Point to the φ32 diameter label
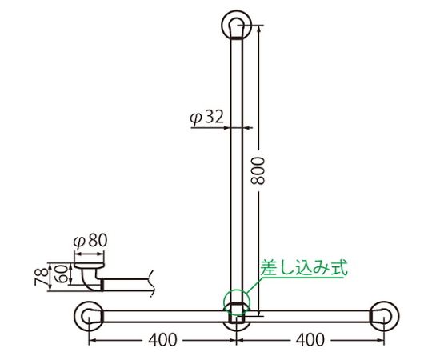pyautogui.click(x=206, y=118)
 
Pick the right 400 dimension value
pyautogui.click(x=310, y=339)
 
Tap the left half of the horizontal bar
pyautogui.click(x=160, y=315)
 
